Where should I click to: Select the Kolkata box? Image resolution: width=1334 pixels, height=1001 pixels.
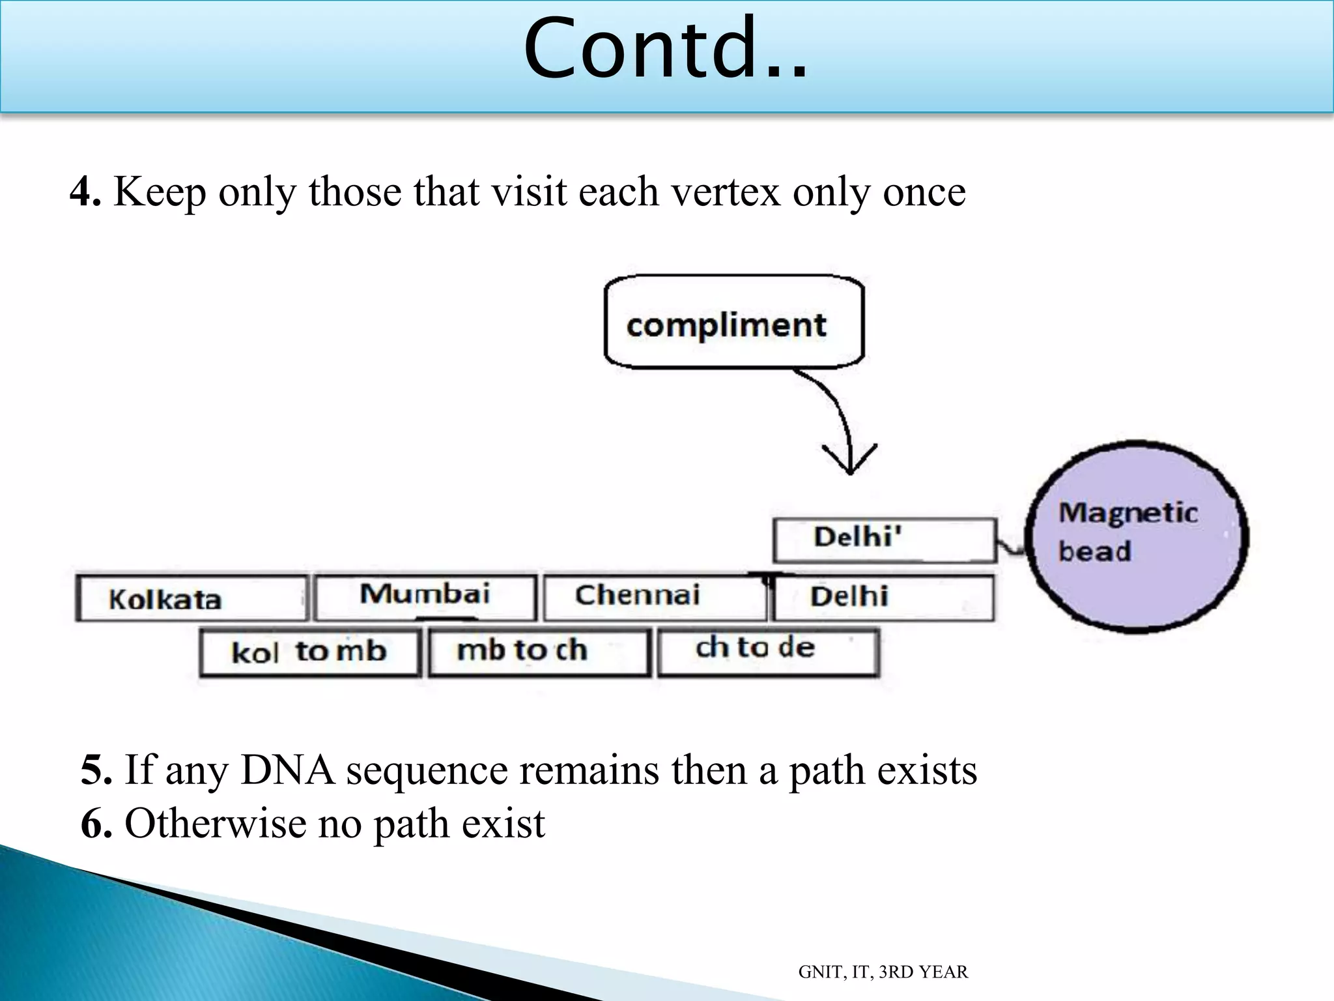(191, 598)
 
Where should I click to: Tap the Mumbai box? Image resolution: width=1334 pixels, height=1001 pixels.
(425, 596)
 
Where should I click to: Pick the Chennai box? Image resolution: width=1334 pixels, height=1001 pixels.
(655, 596)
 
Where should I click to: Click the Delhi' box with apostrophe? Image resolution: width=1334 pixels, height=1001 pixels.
(884, 540)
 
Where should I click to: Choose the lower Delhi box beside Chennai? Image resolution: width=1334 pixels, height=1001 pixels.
(883, 597)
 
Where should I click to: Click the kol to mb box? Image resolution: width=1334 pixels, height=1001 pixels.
(309, 652)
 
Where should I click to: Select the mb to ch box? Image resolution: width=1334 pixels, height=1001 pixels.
(539, 652)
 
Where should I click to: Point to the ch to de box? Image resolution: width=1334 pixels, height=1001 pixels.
(769, 651)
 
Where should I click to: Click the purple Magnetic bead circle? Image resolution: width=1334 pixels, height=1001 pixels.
(1137, 536)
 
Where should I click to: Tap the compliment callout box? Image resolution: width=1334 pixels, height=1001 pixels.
(733, 323)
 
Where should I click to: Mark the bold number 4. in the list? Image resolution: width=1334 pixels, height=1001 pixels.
(85, 192)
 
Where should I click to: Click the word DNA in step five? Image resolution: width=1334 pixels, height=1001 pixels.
(287, 770)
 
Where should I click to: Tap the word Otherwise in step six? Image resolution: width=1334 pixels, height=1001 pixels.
(215, 823)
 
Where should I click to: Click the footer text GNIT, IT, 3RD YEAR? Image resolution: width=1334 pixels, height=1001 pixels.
(883, 972)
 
